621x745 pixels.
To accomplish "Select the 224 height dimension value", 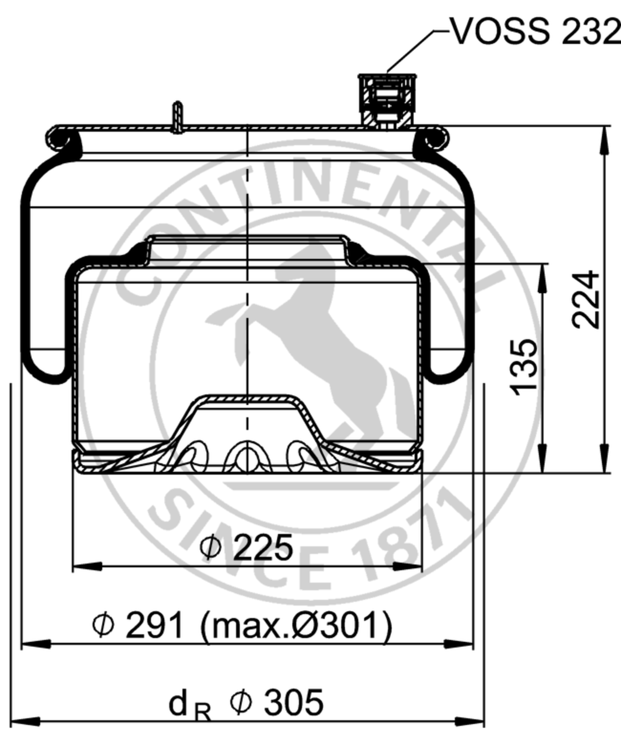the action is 585,300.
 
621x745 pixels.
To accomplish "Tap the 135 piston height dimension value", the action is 524,368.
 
